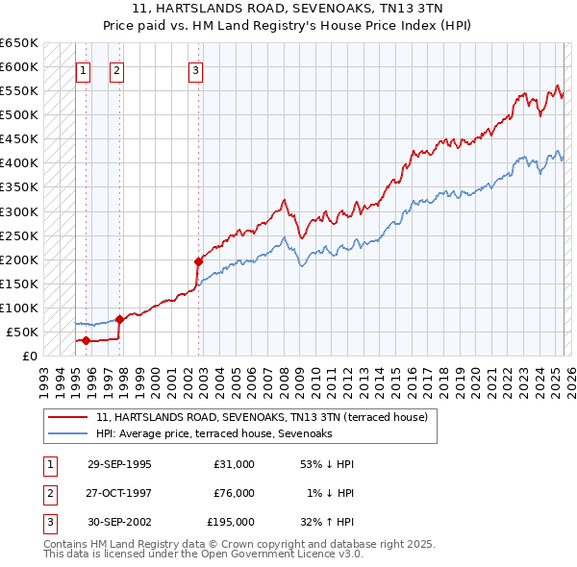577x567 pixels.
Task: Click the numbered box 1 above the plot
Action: click(x=83, y=69)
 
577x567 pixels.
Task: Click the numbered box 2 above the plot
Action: click(x=116, y=69)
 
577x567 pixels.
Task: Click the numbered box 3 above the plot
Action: click(x=195, y=69)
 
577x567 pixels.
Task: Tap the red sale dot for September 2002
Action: click(x=199, y=260)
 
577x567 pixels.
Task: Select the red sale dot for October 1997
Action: click(x=119, y=319)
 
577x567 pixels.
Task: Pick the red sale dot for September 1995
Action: click(x=86, y=340)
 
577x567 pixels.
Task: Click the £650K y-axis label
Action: click(x=18, y=43)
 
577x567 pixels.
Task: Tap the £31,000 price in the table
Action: click(x=234, y=463)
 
